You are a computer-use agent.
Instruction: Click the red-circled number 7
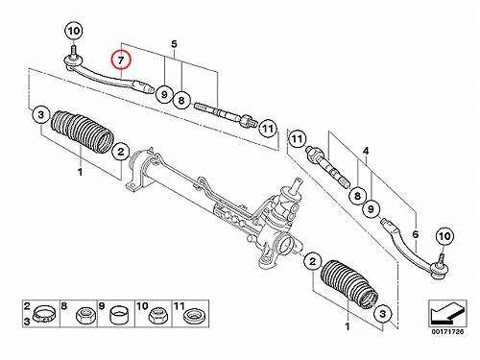pos(121,60)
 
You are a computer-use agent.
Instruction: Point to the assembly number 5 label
pos(174,44)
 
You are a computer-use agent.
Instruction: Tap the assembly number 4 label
pos(366,151)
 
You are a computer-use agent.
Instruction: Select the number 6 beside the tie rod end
pos(416,234)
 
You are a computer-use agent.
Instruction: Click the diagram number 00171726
pos(447,332)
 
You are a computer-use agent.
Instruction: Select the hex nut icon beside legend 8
pos(85,315)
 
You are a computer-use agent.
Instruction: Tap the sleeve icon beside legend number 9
pos(119,315)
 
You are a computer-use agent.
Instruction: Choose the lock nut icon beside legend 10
pos(156,315)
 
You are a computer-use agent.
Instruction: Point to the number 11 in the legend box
pos(180,306)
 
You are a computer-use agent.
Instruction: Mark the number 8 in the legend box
pos(64,306)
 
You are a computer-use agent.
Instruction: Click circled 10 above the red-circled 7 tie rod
pos(74,31)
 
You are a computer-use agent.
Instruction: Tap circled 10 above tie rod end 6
pos(444,236)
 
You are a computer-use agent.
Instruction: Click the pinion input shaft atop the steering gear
pos(297,185)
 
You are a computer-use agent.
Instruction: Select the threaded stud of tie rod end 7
pos(73,51)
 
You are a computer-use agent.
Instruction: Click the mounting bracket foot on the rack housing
pos(133,186)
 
